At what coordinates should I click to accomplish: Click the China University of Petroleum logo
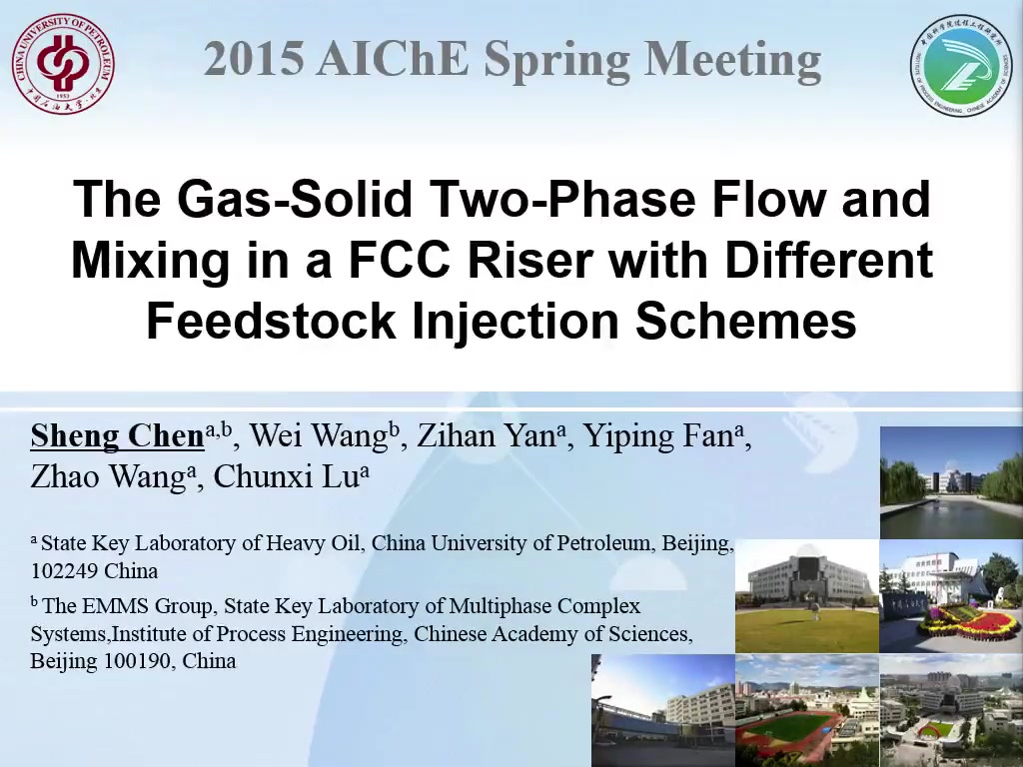(x=63, y=64)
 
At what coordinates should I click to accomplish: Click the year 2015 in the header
(x=254, y=58)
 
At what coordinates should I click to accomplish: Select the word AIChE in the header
(x=394, y=58)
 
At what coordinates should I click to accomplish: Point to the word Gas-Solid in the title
(x=295, y=199)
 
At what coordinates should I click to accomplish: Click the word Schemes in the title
(x=746, y=321)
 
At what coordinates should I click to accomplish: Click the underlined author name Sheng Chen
(x=118, y=436)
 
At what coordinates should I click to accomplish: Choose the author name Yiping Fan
(x=658, y=436)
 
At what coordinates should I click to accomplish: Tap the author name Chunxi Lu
(x=287, y=476)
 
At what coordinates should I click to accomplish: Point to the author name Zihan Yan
(x=487, y=436)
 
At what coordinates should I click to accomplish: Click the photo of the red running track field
(x=807, y=711)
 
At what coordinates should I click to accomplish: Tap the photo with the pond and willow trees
(x=951, y=482)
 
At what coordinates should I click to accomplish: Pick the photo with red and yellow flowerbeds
(x=951, y=596)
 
